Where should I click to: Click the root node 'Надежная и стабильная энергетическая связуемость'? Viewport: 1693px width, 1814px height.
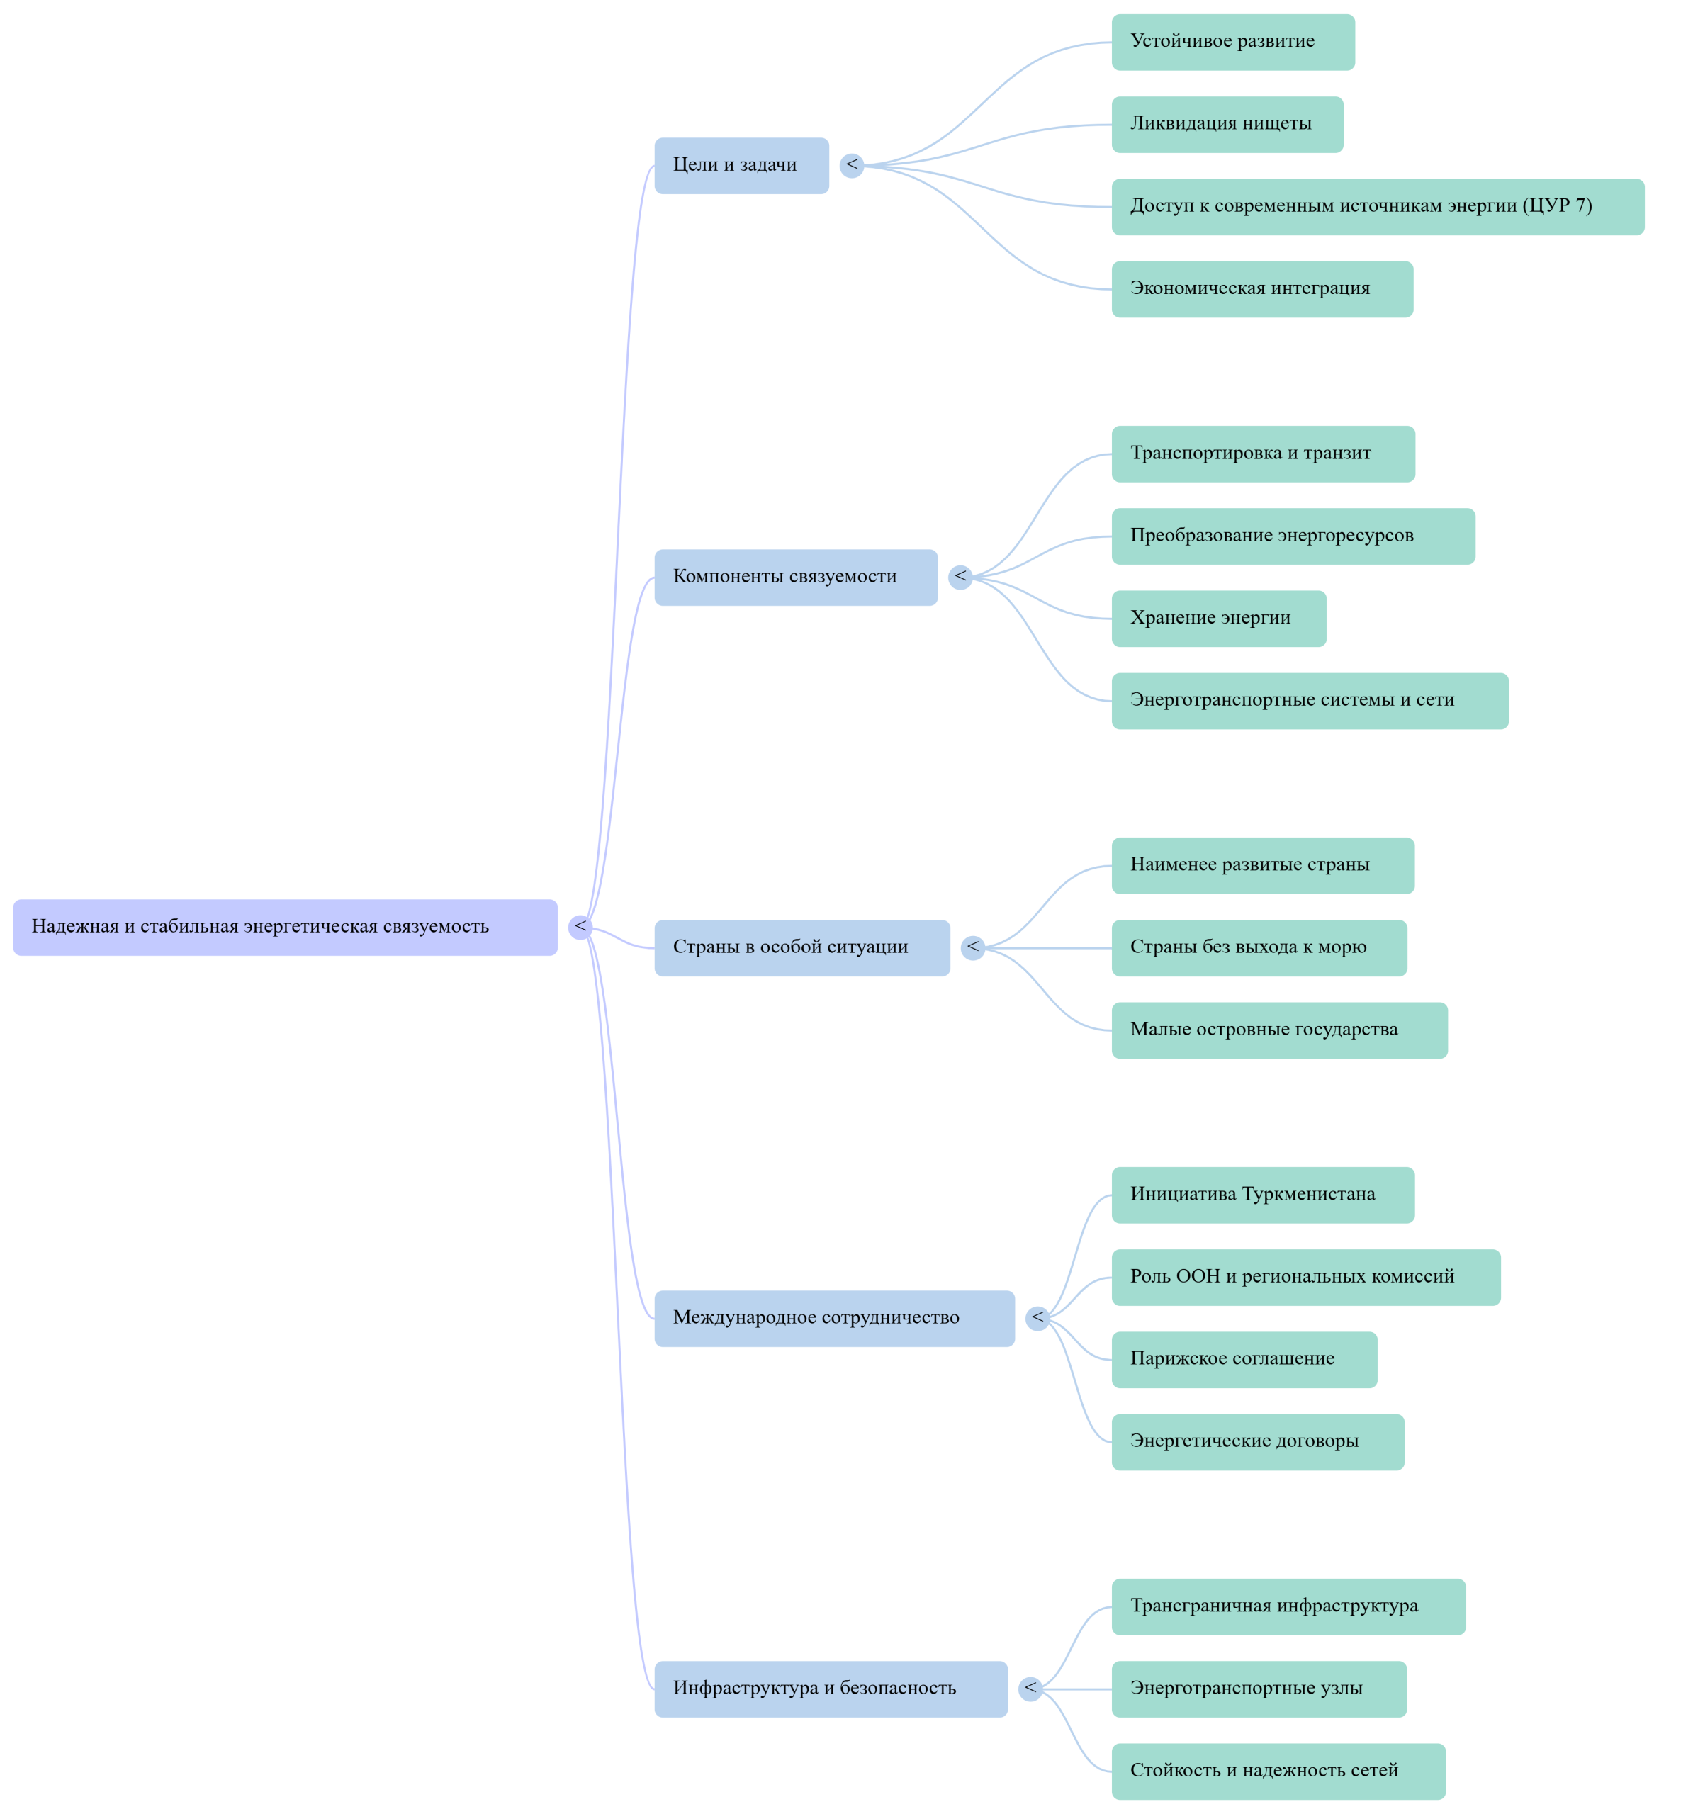coord(285,927)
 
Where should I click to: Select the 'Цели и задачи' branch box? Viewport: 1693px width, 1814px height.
coord(741,165)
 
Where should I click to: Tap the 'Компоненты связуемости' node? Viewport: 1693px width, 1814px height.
coord(795,577)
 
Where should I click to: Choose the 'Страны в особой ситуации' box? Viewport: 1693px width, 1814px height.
coord(801,947)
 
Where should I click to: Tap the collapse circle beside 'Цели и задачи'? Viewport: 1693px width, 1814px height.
coord(852,165)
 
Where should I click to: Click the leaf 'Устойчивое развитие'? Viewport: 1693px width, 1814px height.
coord(1232,42)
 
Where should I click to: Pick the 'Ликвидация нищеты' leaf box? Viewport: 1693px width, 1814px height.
coord(1227,124)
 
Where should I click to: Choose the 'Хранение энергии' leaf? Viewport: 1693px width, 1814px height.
coord(1218,619)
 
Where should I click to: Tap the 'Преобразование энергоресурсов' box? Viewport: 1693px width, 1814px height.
coord(1293,536)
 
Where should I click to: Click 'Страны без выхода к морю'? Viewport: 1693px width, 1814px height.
coord(1259,947)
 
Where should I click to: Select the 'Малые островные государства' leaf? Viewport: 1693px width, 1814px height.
coord(1278,1030)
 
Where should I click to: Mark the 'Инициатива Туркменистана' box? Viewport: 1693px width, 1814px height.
coord(1262,1195)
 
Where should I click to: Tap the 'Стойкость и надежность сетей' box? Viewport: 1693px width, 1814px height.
coord(1278,1770)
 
